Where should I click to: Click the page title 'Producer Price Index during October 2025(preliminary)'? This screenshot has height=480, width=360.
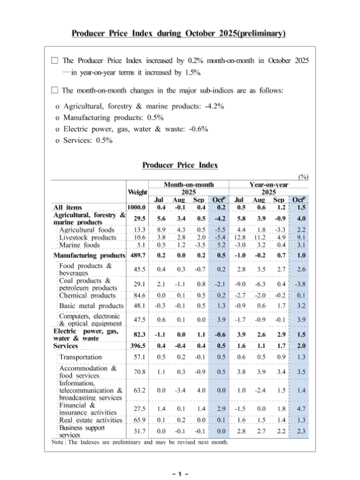tap(178, 33)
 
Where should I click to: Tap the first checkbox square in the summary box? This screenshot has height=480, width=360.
tap(55, 61)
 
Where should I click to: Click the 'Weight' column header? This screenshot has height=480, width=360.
tap(137, 192)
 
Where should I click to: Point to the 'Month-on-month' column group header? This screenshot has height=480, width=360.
tap(189, 185)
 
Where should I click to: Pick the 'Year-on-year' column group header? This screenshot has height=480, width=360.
tap(269, 185)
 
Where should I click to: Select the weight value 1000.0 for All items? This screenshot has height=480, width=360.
tap(137, 208)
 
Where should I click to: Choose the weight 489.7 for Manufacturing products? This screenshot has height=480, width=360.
tap(137, 256)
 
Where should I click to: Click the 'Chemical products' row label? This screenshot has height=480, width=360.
tap(88, 295)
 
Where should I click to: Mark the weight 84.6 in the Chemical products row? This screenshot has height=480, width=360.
tap(137, 295)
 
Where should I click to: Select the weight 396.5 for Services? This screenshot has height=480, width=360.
tap(137, 346)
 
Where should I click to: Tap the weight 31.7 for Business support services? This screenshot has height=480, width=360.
tap(137, 431)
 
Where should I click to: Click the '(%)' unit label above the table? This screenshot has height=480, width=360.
tap(303, 176)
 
